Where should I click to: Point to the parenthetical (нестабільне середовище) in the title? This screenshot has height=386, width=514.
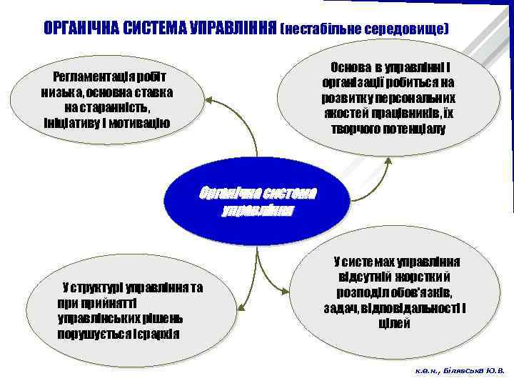coord(365,29)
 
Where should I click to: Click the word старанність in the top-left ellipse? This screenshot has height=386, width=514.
coord(116,107)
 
